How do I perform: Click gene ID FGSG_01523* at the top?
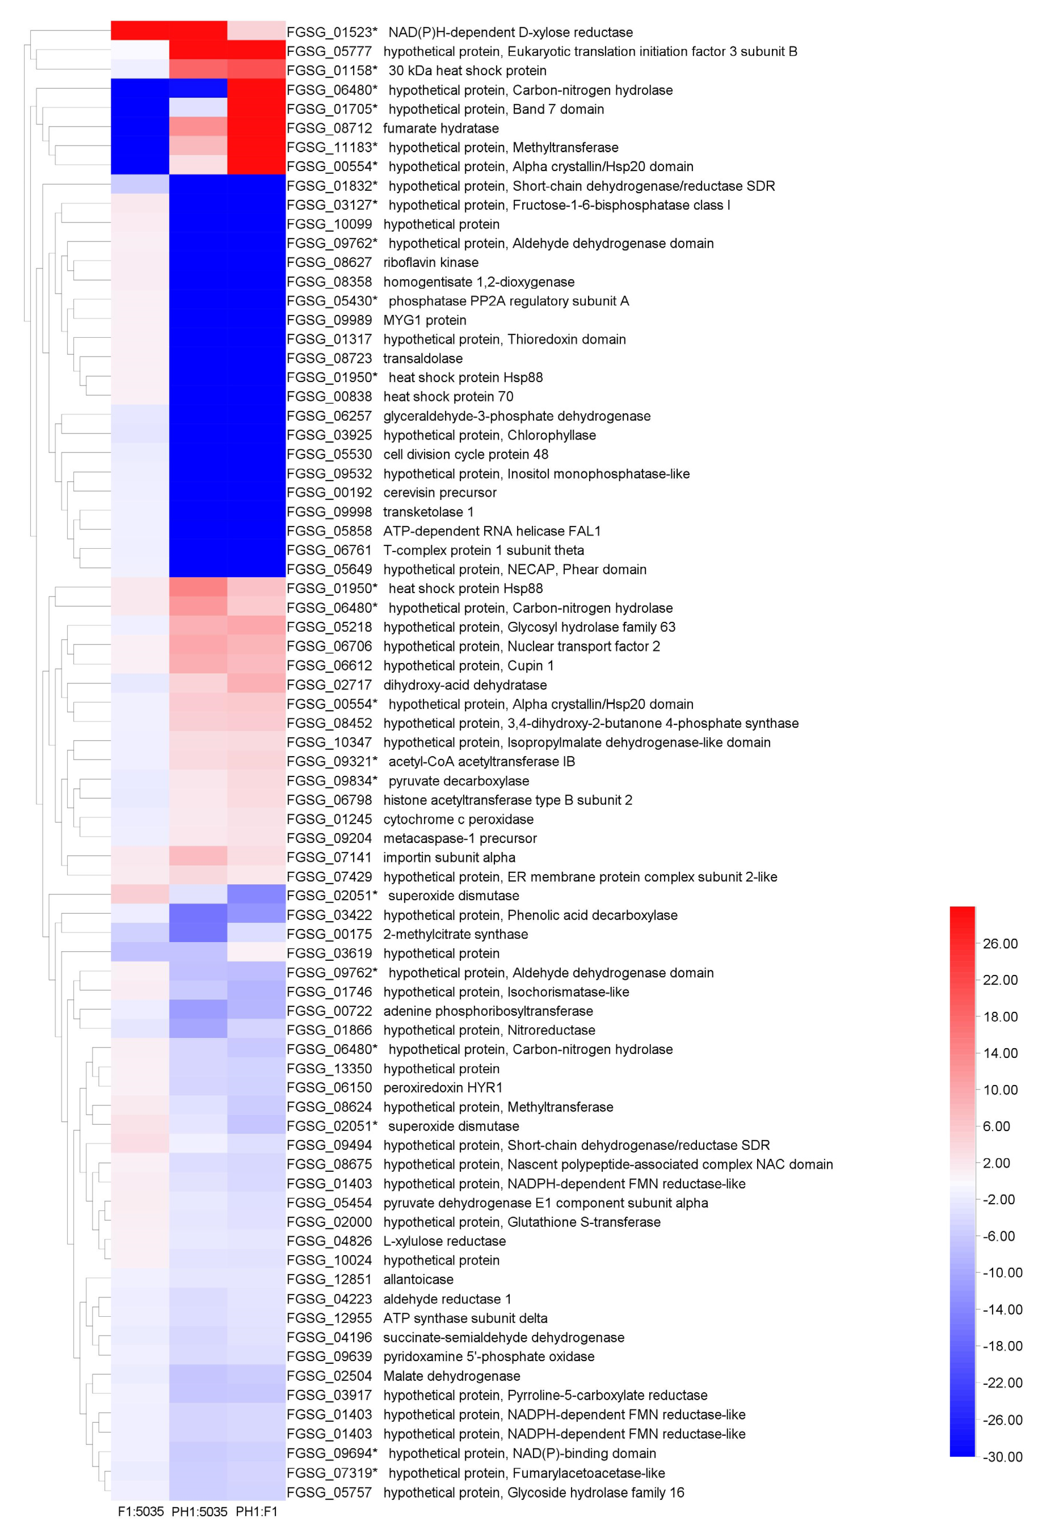[331, 32]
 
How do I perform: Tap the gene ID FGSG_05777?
[329, 52]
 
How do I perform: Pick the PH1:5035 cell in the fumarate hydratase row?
[198, 128]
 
